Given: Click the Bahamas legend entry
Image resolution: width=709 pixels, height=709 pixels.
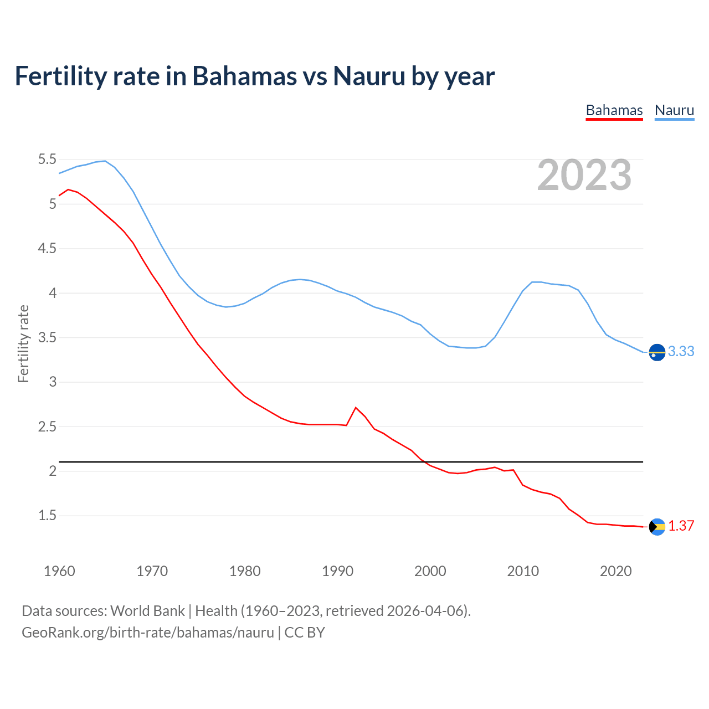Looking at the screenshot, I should (614, 110).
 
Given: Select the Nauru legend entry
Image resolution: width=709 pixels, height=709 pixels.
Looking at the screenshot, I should (674, 110).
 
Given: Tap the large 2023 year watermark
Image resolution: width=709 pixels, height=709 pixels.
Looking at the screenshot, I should (584, 175).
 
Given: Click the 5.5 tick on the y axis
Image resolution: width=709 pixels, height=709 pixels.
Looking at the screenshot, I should (47, 160).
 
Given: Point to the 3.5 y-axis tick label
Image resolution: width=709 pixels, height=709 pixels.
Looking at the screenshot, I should (47, 337).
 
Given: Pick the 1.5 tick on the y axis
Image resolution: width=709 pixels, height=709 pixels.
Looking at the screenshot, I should (47, 516).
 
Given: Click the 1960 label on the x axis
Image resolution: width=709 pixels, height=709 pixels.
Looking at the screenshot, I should (59, 571).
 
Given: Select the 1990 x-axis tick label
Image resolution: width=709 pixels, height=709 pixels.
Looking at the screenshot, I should (337, 571).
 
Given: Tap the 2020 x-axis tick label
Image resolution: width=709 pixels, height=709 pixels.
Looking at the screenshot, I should (615, 571).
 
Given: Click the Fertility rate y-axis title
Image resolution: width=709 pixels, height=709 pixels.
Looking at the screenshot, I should (23, 343).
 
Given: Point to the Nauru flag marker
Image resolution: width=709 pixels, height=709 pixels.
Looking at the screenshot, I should (657, 352).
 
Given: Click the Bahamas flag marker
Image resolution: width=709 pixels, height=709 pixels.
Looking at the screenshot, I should (657, 527).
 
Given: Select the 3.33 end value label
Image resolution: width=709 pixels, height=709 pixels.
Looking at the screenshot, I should (681, 352).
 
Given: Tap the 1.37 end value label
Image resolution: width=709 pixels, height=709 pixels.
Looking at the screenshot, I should (681, 526).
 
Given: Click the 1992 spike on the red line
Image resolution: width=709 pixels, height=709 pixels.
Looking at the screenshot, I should (356, 408).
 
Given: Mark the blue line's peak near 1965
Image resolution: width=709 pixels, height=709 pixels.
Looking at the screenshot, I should (105, 161).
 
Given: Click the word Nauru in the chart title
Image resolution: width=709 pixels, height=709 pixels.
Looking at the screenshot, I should (369, 76).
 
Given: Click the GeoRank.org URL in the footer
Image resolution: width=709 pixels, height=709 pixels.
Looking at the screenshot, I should (148, 633).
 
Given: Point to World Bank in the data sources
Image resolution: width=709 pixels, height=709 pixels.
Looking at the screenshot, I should (147, 611).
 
